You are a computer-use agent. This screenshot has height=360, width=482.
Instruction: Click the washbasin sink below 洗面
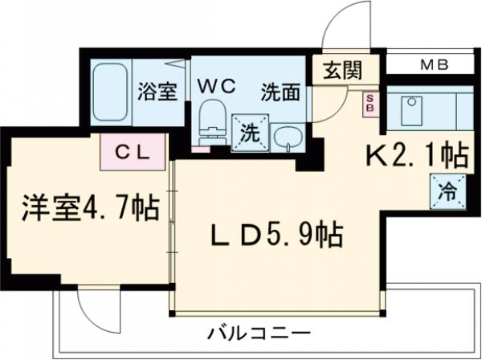pyautogui.click(x=286, y=138)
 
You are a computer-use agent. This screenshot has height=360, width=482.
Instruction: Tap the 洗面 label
pyautogui.click(x=280, y=92)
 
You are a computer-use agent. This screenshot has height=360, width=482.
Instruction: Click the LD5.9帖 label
pyautogui.click(x=277, y=235)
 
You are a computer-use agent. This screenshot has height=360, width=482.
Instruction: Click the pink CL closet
pyautogui.click(x=133, y=150)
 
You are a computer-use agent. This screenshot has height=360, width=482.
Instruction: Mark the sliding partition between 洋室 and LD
pyautogui.click(x=172, y=233)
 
